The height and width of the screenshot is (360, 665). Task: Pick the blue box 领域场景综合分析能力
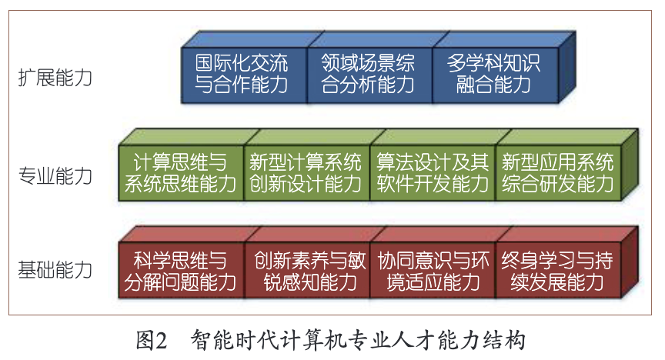coord(367,74)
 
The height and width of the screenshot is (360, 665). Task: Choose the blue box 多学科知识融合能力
coord(493,74)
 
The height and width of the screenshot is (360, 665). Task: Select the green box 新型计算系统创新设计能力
coord(306,173)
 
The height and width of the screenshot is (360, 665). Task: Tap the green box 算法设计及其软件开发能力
coord(432,173)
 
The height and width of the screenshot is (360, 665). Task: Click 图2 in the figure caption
coord(151,339)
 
